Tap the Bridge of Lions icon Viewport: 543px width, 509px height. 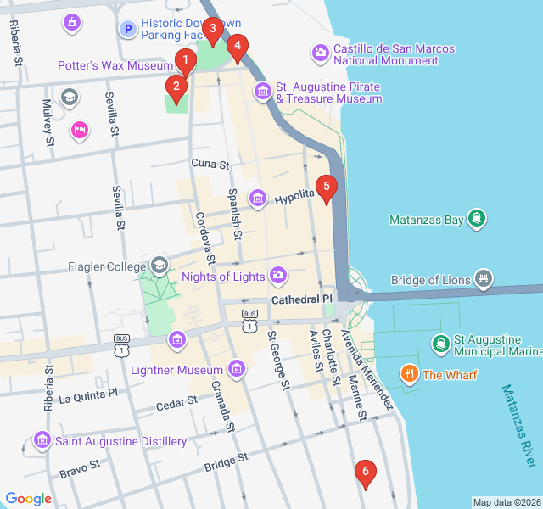[484, 278]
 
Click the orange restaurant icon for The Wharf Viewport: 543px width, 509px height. [409, 373]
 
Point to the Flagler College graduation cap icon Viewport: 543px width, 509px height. [159, 266]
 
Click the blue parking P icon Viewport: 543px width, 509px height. [127, 30]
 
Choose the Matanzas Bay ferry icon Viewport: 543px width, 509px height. [478, 219]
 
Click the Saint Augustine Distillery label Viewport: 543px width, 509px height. [120, 442]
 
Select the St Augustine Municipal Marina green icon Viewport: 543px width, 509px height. [440, 344]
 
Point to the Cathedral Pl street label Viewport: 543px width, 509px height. [302, 300]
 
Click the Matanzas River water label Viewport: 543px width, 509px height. [518, 426]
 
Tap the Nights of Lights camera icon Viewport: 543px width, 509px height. [278, 276]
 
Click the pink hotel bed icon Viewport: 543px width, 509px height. [79, 130]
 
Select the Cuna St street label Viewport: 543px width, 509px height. [210, 164]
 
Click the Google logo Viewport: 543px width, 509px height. [28, 500]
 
